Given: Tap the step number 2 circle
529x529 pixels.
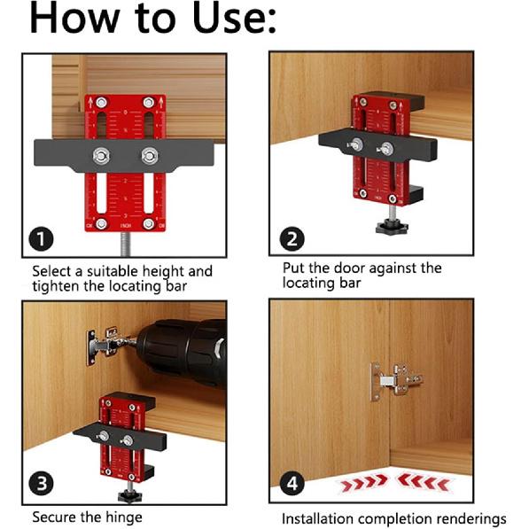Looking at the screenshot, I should [292, 237].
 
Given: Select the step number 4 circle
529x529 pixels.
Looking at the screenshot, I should [292, 484].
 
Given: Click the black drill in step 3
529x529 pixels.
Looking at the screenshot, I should [182, 346].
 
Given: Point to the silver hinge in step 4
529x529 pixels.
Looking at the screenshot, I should [395, 379].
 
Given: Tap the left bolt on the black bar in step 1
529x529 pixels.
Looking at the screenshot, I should [100, 156].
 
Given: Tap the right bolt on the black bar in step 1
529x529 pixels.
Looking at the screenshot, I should [148, 156].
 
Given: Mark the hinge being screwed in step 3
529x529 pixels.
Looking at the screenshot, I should [101, 342].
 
